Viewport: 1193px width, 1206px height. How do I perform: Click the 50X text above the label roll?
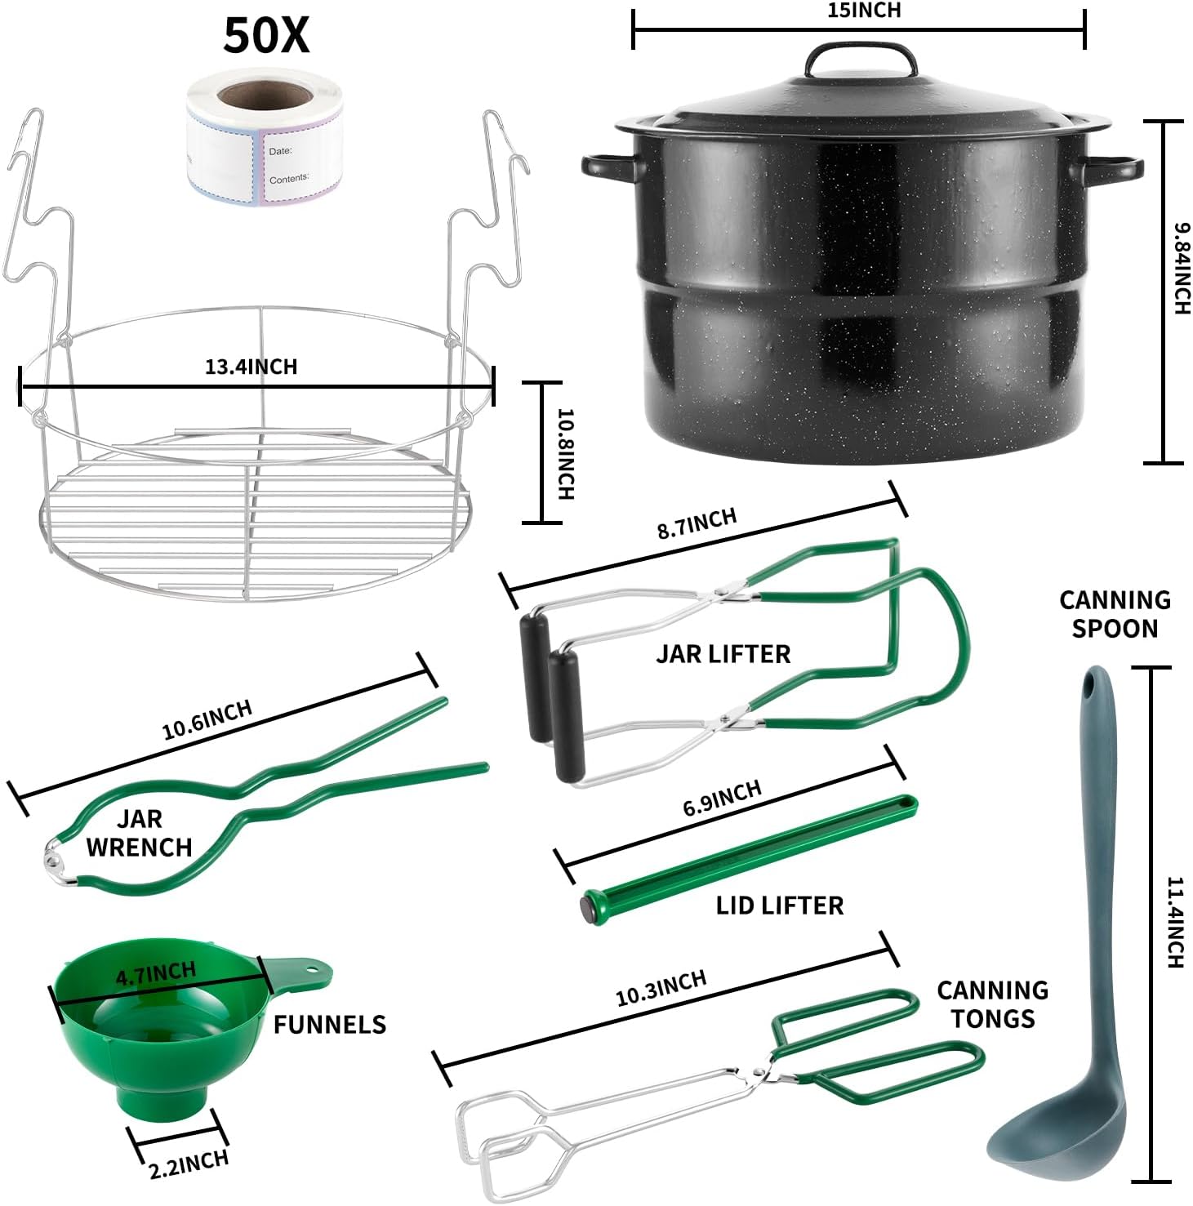[266, 37]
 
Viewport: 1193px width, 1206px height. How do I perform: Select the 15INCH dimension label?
[858, 11]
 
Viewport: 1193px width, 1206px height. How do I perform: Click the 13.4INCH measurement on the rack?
[251, 367]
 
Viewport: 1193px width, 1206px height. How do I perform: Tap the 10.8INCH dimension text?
[565, 453]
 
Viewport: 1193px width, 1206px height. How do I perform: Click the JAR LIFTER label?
[723, 654]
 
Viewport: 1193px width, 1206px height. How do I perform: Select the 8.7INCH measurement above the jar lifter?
[697, 523]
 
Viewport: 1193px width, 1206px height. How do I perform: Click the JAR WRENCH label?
[139, 833]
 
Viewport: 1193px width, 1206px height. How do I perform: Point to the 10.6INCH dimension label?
[207, 719]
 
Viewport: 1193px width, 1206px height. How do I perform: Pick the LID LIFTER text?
[779, 906]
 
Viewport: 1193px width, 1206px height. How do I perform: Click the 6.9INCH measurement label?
[722, 798]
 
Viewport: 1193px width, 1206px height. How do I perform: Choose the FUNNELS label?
[329, 1025]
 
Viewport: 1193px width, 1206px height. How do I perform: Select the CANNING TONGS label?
[992, 1004]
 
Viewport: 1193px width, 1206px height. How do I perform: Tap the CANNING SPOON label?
[1115, 614]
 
